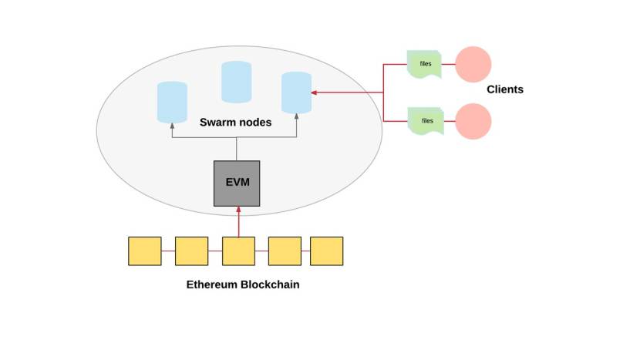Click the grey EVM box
coord(237,183)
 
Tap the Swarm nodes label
coord(235,122)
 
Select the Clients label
coord(505,89)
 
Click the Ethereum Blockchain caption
coord(243,284)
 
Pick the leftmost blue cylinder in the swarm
coord(172,103)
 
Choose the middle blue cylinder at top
coord(237,82)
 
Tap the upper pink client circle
coord(473,65)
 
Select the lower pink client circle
coord(473,122)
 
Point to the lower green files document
coord(426,121)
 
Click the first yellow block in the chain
coord(145,251)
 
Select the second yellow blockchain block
coord(192,251)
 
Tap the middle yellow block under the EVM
coord(238,251)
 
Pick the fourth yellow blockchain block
coord(285,251)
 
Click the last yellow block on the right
coord(326,251)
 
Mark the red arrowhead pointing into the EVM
coord(238,210)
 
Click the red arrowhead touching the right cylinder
coord(315,93)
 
